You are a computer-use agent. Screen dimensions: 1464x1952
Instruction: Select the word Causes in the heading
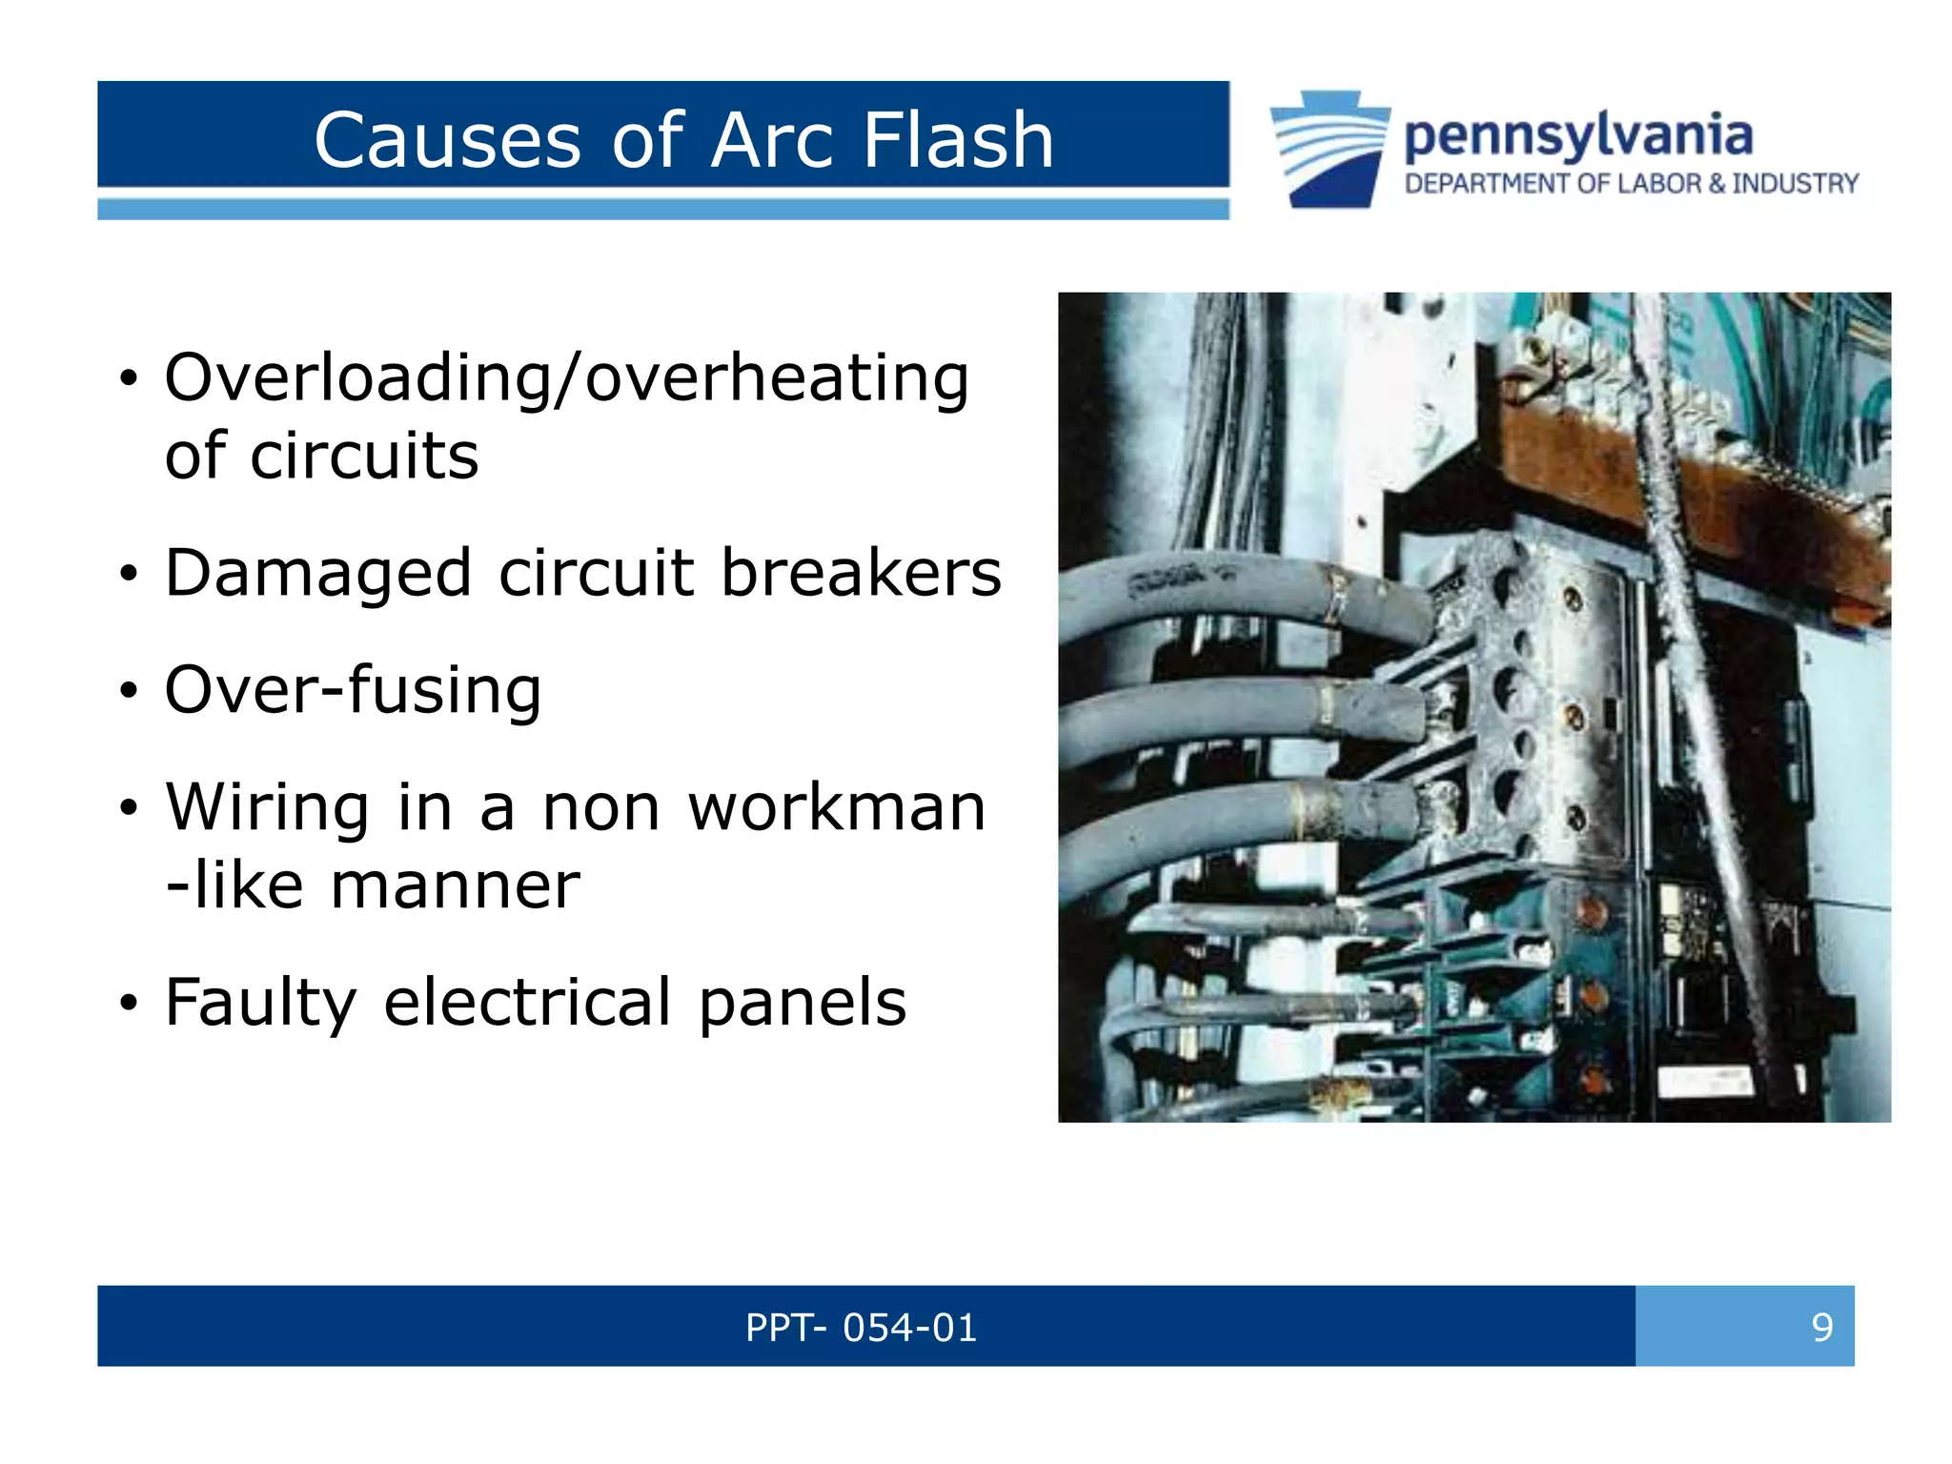click(x=447, y=140)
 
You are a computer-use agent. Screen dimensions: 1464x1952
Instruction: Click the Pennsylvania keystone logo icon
click(x=1331, y=149)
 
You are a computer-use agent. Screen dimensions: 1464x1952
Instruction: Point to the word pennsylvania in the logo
click(x=1578, y=136)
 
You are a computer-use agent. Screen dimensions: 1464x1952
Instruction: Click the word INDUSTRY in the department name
click(x=1795, y=183)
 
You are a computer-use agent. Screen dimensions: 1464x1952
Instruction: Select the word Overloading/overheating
click(x=567, y=378)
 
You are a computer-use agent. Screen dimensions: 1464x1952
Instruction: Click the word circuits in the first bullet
click(x=363, y=456)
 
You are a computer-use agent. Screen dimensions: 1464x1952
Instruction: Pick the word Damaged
click(x=318, y=575)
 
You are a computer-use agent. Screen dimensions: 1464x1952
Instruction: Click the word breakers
click(x=861, y=573)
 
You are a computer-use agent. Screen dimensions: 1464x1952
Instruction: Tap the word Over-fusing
click(x=353, y=690)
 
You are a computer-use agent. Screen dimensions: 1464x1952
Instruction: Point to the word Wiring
click(x=267, y=809)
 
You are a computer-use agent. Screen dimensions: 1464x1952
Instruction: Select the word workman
click(x=836, y=807)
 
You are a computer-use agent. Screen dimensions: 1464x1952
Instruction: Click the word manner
click(x=455, y=885)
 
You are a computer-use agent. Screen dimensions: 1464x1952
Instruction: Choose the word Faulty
click(x=261, y=1004)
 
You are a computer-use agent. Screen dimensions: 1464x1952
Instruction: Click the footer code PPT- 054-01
click(x=861, y=1327)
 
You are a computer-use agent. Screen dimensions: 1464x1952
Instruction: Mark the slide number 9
click(x=1821, y=1327)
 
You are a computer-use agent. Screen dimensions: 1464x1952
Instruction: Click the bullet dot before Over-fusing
click(x=129, y=691)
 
